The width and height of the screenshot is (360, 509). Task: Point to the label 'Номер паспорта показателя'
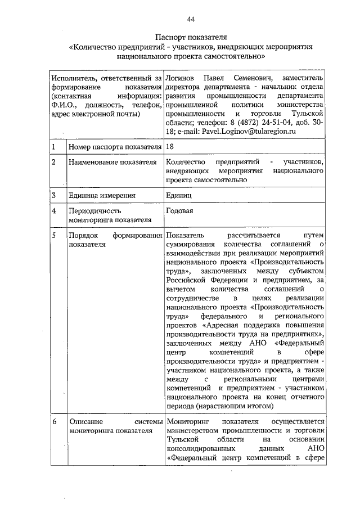[x=115, y=147]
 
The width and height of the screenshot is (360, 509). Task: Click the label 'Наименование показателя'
[x=112, y=163]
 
